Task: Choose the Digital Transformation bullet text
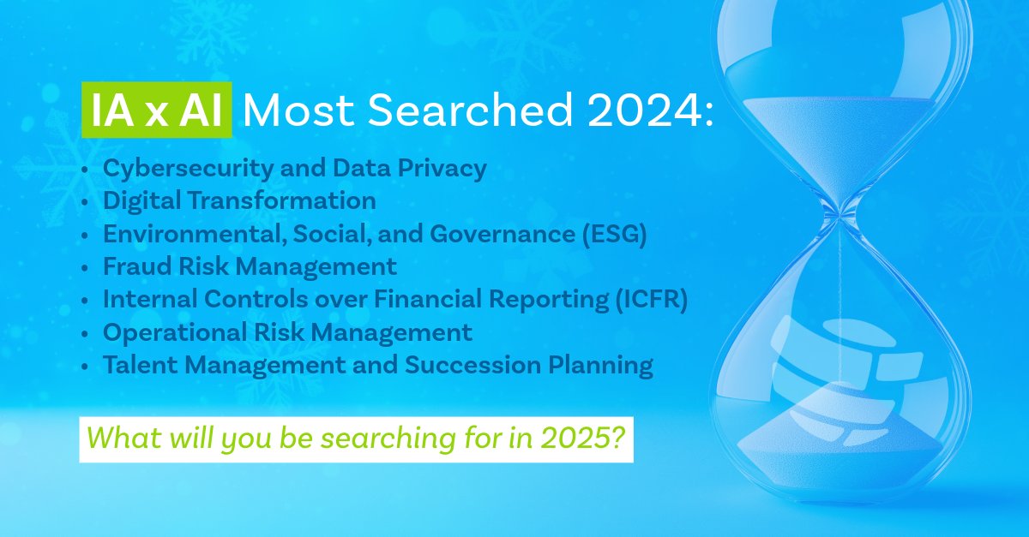pos(239,201)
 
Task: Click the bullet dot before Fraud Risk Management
pos(83,268)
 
